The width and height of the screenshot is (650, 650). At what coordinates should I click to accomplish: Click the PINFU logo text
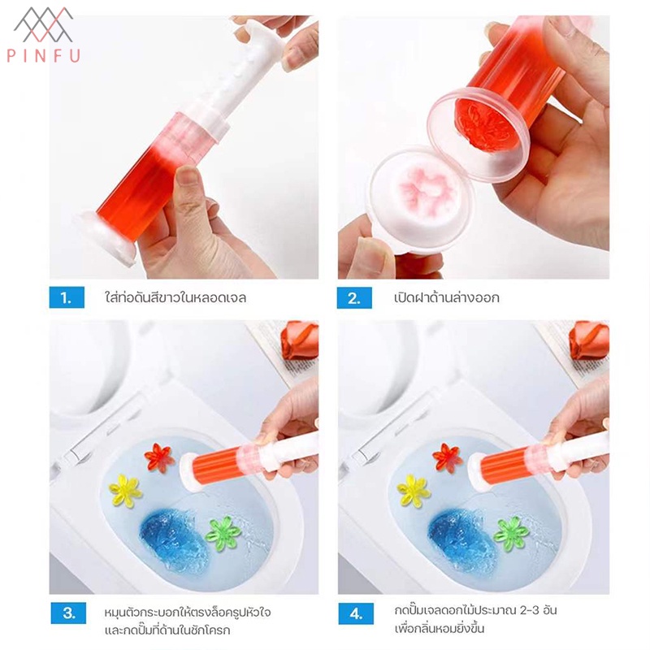pos(44,56)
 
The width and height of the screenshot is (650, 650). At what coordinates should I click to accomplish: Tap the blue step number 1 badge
pos(67,297)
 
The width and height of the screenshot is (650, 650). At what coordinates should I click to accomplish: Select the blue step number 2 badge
pos(354,297)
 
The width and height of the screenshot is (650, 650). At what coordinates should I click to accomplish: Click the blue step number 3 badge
pos(68,613)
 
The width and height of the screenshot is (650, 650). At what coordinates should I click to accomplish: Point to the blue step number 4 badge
pos(356,613)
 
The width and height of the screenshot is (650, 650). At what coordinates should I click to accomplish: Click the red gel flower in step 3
pos(159,457)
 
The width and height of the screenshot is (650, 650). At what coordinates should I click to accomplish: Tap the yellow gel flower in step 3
pos(126,492)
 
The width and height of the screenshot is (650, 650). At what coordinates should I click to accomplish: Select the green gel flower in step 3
pos(223,535)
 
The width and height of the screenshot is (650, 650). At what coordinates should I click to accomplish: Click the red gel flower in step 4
pos(448,457)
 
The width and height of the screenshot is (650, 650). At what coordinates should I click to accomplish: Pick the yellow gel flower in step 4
pos(414,492)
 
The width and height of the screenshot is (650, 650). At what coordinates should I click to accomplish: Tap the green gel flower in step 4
pos(511,535)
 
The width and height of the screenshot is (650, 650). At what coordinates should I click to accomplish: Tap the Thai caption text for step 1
pos(175,297)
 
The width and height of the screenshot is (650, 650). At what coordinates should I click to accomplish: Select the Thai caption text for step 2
pos(447,297)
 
